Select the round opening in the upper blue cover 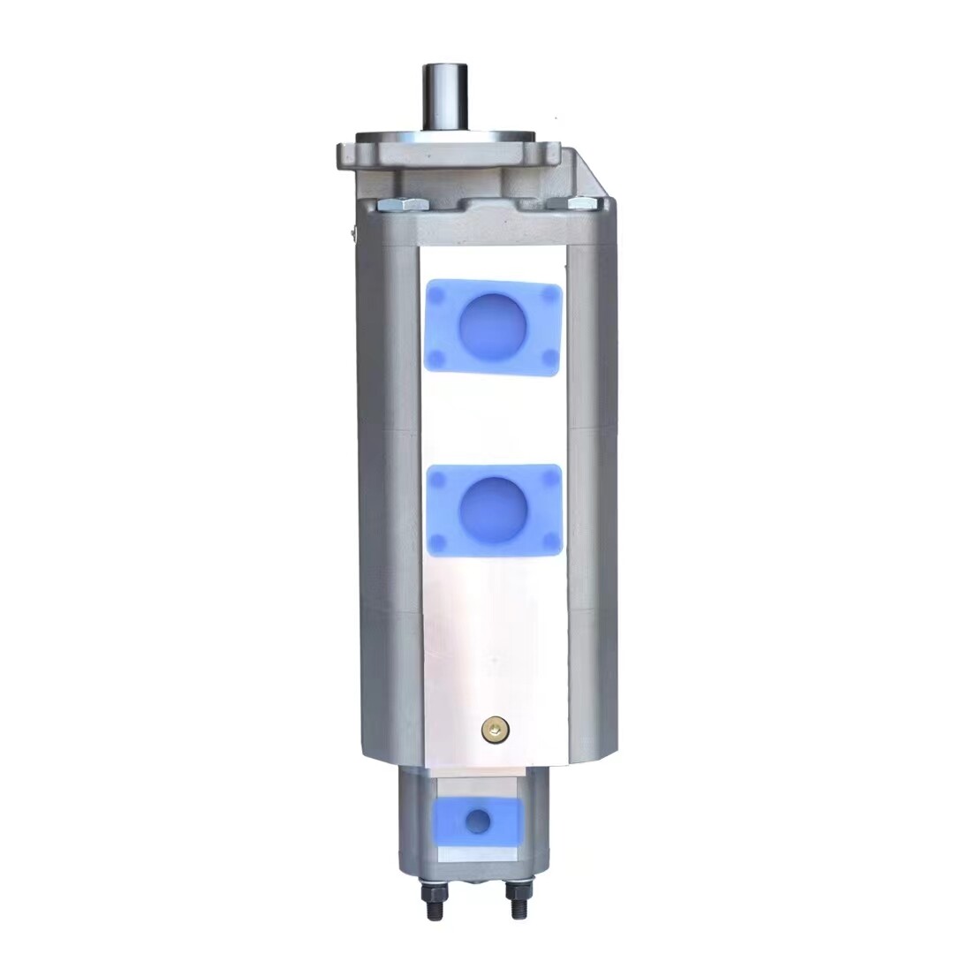coord(493,327)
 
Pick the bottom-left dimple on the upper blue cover coord(436,357)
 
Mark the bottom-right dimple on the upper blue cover coord(549,358)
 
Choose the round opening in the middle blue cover coord(494,510)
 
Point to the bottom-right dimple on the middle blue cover coord(549,540)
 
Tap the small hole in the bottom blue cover coord(478,821)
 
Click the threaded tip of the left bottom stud coord(435,910)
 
